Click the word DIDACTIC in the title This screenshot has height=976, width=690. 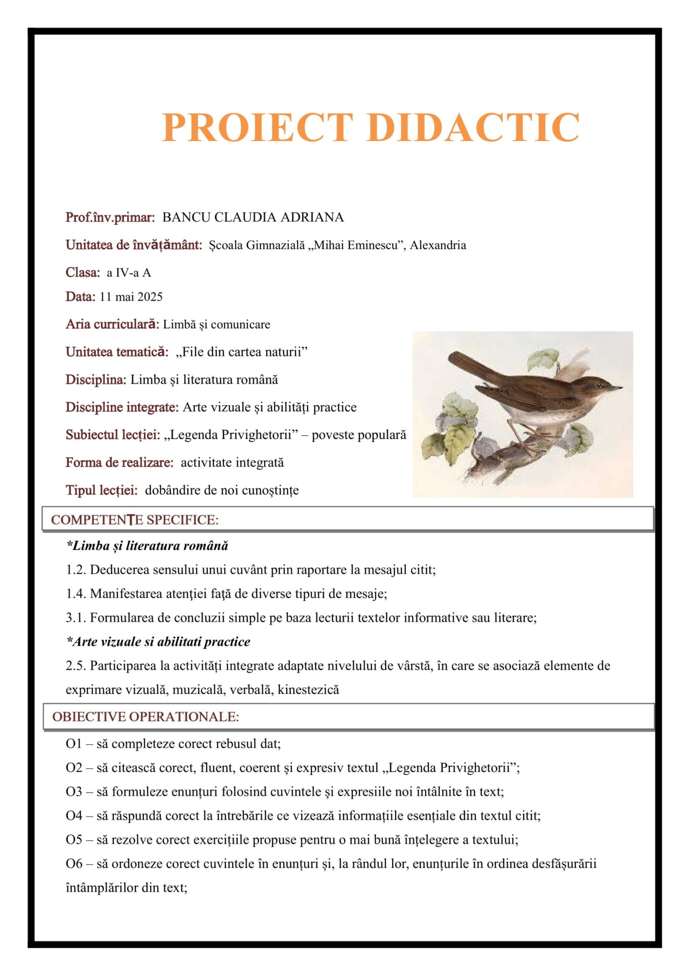[x=473, y=127]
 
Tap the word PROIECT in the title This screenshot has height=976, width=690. [x=257, y=127]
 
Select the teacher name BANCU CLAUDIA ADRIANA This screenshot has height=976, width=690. [x=253, y=217]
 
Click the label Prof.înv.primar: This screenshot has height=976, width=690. [x=110, y=217]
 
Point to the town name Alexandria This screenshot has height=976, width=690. [x=438, y=245]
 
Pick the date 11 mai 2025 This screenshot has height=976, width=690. [x=131, y=297]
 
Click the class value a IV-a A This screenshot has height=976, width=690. [x=129, y=273]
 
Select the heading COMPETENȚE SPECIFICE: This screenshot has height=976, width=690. [x=135, y=519]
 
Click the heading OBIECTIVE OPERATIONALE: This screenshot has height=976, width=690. [x=145, y=717]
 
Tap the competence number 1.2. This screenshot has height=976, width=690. [x=75, y=569]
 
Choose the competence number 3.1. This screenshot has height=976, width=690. [x=75, y=618]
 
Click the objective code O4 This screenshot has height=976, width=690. [x=74, y=815]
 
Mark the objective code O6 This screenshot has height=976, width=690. [x=74, y=864]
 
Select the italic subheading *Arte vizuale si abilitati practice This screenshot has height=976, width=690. [x=158, y=641]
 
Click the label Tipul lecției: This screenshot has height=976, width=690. [x=101, y=490]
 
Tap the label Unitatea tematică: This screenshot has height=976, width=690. [x=117, y=352]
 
